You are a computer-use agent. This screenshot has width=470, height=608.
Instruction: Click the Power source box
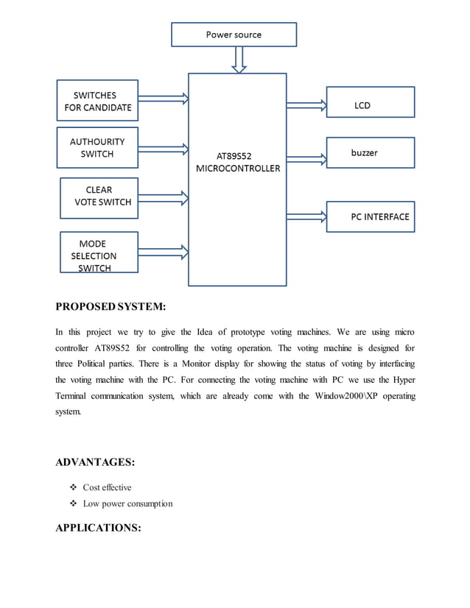234,35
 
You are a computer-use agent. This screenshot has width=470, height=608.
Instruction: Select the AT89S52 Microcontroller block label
237,162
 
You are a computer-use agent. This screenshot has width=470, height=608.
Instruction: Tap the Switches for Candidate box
97,101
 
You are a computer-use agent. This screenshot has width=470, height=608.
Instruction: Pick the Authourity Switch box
97,148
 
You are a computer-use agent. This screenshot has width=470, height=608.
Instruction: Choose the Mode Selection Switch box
97,252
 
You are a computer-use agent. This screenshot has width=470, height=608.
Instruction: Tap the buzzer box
370,153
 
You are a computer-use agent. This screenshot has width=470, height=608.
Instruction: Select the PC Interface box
370,217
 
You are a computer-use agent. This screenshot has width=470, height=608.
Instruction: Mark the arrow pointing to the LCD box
306,105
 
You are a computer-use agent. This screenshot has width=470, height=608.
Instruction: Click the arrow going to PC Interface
306,216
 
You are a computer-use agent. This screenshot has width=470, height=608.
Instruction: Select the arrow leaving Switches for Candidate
163,96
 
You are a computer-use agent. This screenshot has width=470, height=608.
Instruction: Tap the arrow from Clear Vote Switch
163,197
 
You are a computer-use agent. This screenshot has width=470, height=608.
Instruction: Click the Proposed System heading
111,306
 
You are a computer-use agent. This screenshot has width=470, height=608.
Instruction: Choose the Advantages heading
95,462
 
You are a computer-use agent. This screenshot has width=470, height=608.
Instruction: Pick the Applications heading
98,528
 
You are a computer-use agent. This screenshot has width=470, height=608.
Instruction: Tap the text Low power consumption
127,503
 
